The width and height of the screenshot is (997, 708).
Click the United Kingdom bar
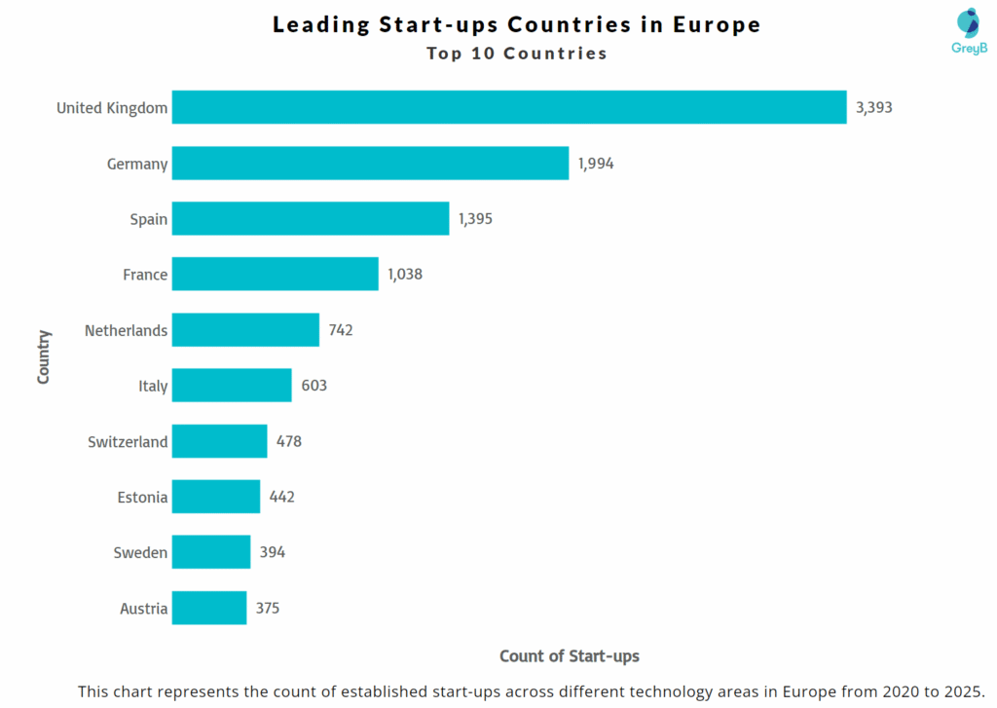coord(509,107)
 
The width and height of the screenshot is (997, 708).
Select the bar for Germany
coord(370,164)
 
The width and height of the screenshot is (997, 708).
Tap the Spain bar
coord(311,219)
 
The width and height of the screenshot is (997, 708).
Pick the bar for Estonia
coord(216,497)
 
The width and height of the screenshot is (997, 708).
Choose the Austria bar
coord(209,608)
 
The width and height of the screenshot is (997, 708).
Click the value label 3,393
coord(873,107)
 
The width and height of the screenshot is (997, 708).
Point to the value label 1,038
coord(405,275)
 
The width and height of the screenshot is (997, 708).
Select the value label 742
coord(341,330)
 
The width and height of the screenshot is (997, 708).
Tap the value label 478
coord(288,441)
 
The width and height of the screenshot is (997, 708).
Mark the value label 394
coord(272,552)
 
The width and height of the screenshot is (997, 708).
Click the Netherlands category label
coord(126,330)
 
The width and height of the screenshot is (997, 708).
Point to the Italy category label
coord(153,386)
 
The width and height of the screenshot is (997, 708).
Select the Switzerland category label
coord(128,441)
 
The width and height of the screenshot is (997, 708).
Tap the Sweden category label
coord(140,552)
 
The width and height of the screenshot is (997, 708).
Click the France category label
coord(145,275)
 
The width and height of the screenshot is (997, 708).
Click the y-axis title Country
coord(44,356)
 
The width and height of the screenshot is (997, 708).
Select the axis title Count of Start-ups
coord(570,655)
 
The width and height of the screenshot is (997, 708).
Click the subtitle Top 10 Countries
coord(516,54)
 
